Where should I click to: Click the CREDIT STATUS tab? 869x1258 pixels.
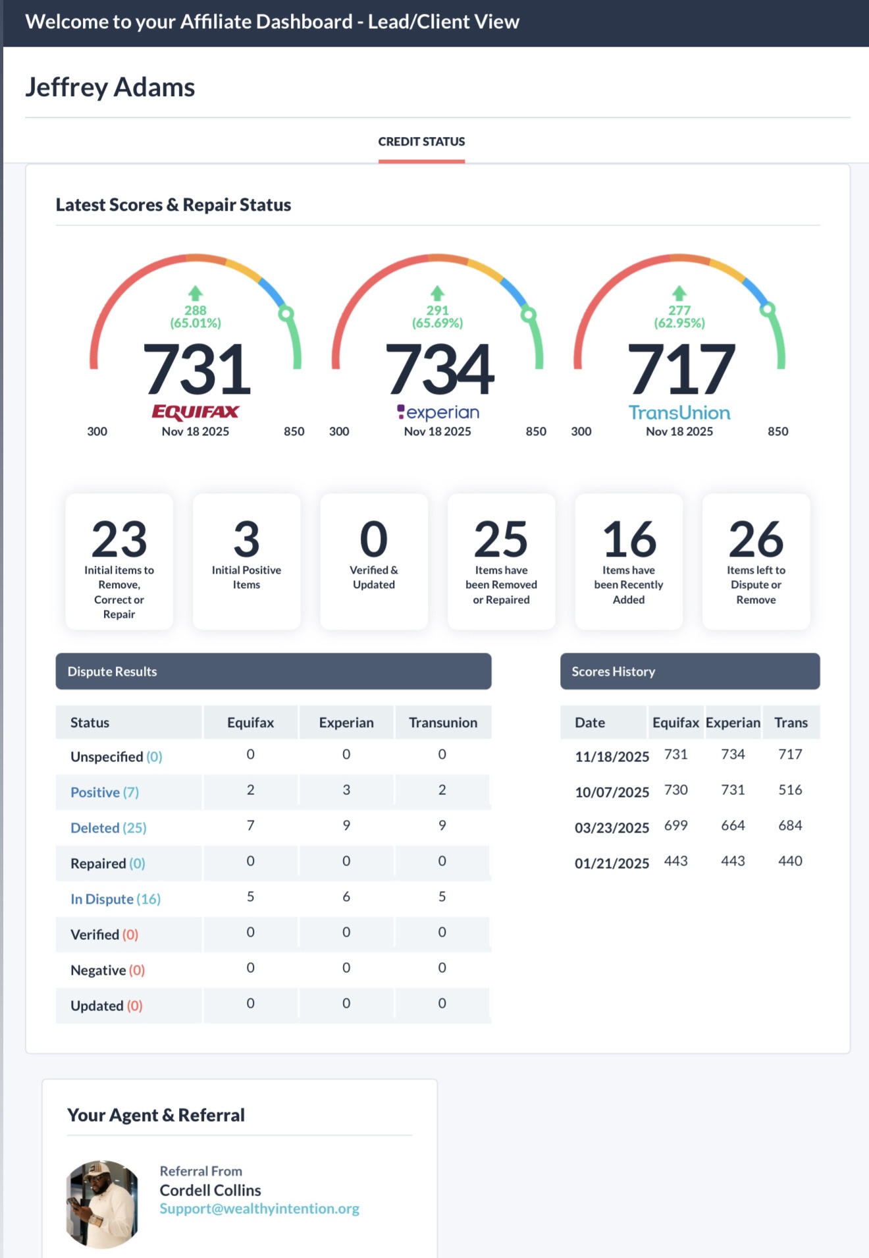click(421, 142)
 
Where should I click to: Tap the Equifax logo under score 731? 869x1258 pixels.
click(196, 412)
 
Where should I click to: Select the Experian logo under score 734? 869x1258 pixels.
click(438, 412)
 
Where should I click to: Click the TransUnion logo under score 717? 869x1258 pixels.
click(679, 413)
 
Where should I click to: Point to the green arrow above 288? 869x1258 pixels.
click(196, 293)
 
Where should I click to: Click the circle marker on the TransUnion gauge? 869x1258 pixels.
click(768, 309)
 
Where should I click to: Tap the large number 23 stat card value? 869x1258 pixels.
click(119, 539)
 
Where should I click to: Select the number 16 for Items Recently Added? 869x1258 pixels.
click(629, 539)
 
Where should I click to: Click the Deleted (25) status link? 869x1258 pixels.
click(109, 828)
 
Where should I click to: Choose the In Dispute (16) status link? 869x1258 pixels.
click(115, 899)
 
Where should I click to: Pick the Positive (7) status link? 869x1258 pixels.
click(105, 792)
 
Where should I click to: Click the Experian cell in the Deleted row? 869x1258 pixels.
click(346, 825)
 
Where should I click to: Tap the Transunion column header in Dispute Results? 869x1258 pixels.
click(443, 723)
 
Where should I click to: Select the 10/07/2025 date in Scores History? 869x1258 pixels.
click(612, 792)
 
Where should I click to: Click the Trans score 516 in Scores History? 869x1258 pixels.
click(790, 790)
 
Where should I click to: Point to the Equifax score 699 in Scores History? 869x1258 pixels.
click(676, 825)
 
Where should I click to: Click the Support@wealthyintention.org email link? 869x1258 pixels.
click(259, 1209)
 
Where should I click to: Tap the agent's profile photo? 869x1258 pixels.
click(103, 1204)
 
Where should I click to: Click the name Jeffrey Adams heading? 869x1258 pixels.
click(110, 87)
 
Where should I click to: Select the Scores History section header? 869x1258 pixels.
click(689, 671)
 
